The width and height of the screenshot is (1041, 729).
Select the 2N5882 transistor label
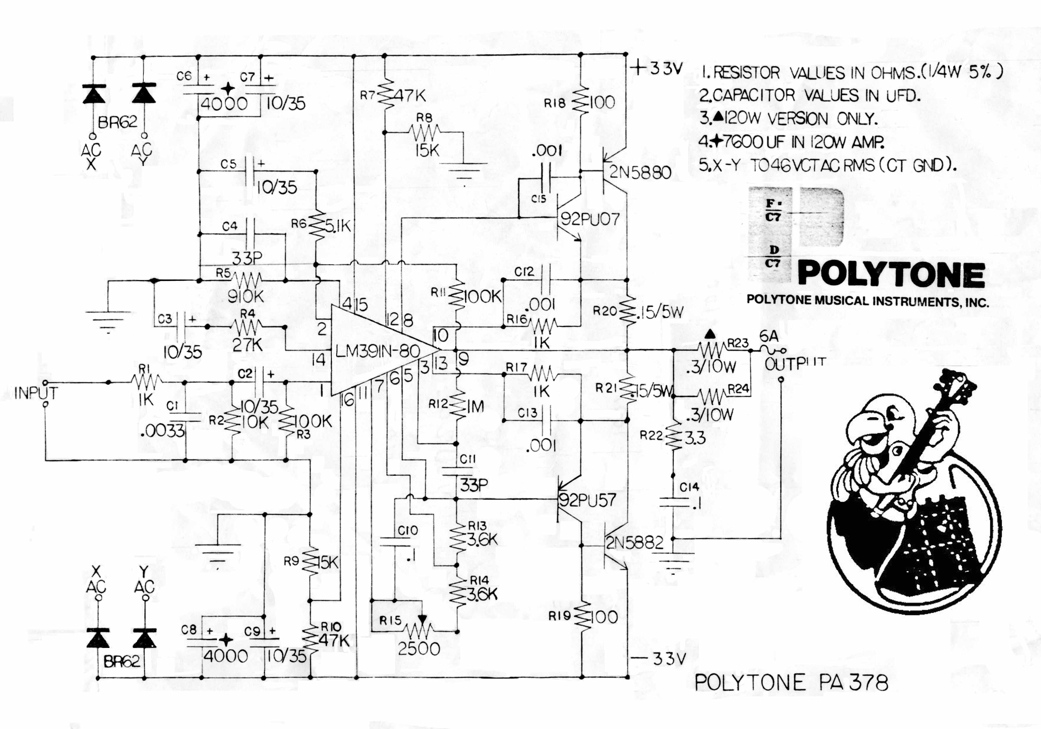[x=635, y=543]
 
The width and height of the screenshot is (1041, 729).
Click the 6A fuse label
[x=769, y=336]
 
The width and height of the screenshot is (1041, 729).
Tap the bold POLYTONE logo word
[x=891, y=274]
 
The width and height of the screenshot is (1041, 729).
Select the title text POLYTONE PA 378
[x=791, y=682]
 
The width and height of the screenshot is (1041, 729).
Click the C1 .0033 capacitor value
[x=162, y=431]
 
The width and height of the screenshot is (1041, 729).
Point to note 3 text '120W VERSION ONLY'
[x=800, y=119]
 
